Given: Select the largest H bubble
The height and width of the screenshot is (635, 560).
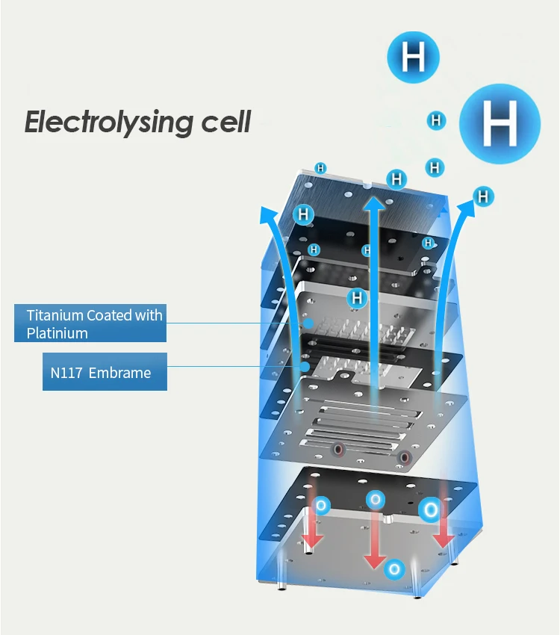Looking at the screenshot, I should point(499,124).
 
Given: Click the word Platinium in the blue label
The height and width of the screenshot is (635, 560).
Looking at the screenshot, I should point(57,333).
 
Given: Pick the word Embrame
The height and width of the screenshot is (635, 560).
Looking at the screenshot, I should point(119,372).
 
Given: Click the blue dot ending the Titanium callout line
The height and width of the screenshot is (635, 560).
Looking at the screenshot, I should point(308,323).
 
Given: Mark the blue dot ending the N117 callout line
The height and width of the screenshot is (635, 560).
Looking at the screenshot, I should point(304,367).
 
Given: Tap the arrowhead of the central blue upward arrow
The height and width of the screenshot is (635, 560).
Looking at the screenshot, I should point(374,204).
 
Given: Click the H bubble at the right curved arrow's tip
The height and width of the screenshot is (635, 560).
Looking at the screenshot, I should point(484,196).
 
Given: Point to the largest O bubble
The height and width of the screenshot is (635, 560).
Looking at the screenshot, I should point(430,511).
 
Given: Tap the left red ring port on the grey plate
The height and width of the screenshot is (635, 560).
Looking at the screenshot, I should point(338,450).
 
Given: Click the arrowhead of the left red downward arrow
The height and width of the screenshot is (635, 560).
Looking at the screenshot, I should point(313,539).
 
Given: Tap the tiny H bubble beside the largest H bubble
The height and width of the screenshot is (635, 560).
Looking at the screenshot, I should point(436,120).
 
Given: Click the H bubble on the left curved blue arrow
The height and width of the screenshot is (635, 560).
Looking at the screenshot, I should point(302,215).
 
